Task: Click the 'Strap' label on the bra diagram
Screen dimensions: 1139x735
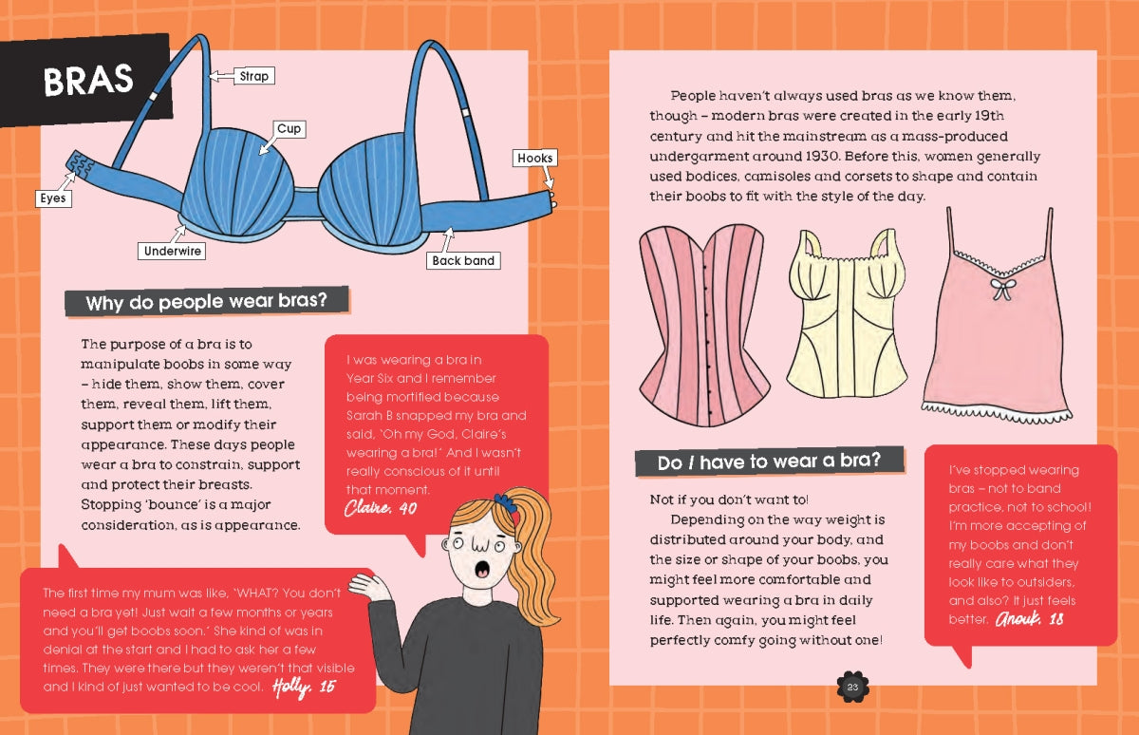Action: click(254, 76)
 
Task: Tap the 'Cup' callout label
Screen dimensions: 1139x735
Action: click(289, 129)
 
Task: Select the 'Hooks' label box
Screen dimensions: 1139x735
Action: click(535, 158)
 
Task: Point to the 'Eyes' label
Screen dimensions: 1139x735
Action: click(53, 198)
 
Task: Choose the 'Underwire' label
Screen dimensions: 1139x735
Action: click(172, 251)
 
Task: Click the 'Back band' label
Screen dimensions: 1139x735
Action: click(463, 260)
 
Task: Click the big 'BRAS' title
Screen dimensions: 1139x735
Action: click(88, 80)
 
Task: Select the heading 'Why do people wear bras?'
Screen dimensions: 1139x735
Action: click(207, 302)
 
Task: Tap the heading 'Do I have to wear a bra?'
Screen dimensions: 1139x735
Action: click(770, 462)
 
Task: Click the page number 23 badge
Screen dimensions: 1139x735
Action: click(852, 688)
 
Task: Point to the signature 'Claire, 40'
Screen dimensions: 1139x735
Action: click(381, 508)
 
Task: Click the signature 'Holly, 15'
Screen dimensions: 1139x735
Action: click(304, 688)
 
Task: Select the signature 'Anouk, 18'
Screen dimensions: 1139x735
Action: click(1030, 618)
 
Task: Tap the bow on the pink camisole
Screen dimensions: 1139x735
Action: click(1002, 289)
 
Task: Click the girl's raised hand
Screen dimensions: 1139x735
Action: click(367, 588)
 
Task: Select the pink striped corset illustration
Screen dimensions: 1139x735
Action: click(704, 326)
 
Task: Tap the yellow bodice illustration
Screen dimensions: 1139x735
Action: click(846, 314)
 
